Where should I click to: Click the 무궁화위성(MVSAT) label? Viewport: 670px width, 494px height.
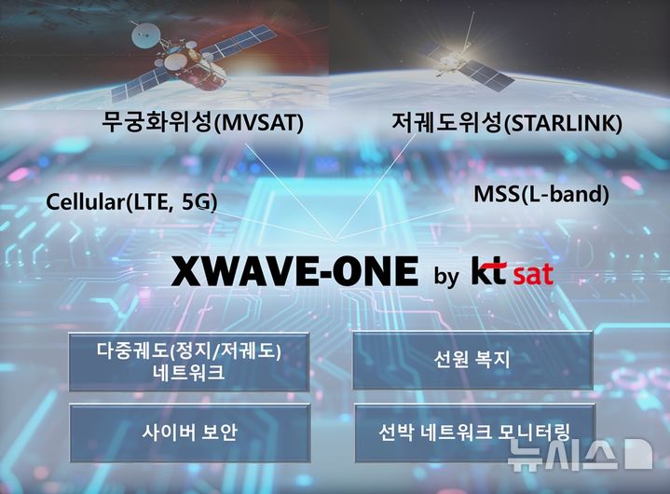(203, 123)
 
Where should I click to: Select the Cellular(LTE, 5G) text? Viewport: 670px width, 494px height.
(131, 200)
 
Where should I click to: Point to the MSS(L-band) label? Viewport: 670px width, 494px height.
(541, 196)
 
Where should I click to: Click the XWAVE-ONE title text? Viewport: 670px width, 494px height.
(294, 272)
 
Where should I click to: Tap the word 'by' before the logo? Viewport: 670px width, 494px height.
(446, 277)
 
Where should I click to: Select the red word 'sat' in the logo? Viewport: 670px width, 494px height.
(533, 274)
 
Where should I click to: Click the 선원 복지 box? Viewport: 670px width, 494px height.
(472, 359)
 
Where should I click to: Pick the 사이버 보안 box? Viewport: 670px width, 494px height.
(189, 432)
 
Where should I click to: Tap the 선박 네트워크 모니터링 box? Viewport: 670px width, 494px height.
(473, 432)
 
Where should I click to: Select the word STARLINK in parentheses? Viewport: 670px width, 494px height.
(563, 123)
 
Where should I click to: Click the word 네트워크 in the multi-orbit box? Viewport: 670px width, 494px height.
(189, 373)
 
